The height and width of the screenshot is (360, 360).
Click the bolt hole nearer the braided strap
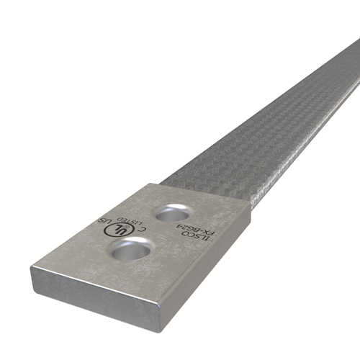[172, 212]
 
